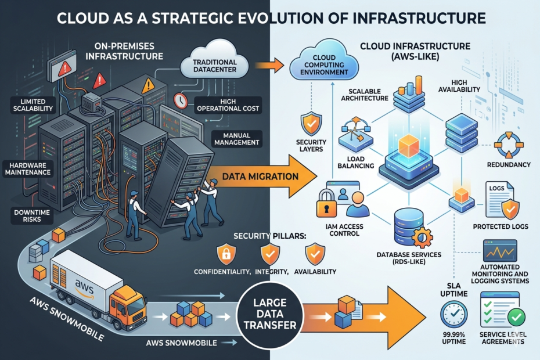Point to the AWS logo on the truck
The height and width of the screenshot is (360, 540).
[x=84, y=284]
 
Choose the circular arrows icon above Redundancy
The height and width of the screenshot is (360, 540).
[x=509, y=144]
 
